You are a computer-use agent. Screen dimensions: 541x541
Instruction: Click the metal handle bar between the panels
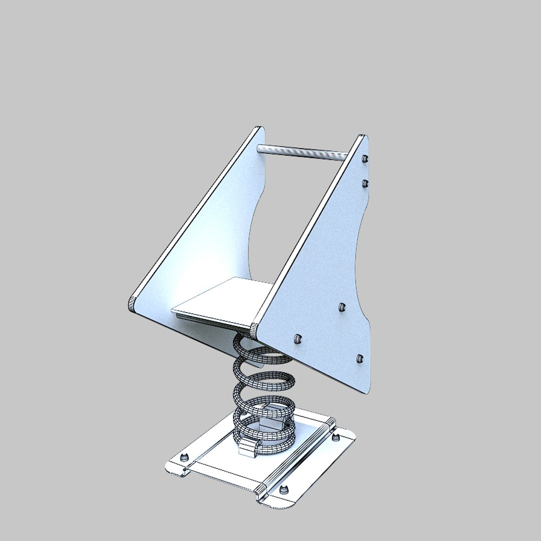[x=301, y=152]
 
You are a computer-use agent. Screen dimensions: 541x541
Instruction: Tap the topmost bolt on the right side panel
[x=365, y=159]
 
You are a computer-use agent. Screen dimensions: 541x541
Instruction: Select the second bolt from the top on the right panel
[x=365, y=183]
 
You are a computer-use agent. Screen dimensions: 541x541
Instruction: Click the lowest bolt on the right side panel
[x=359, y=358]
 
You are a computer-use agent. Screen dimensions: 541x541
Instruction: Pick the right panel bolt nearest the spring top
[x=298, y=339]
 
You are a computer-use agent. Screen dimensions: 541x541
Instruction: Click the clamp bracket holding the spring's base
[x=248, y=447]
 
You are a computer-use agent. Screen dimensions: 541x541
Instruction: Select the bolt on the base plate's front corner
[x=285, y=489]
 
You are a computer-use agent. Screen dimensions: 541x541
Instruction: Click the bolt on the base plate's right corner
[x=336, y=438]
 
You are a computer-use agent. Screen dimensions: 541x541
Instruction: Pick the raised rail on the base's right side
[x=296, y=456]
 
